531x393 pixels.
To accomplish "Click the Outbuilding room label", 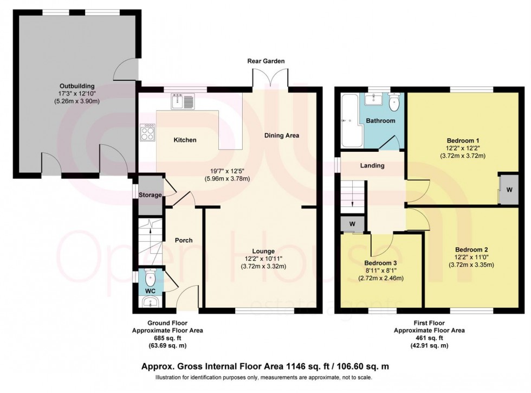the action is tap(77, 86).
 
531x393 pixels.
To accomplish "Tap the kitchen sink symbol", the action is tap(183, 101).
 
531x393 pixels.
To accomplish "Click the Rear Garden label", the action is tap(266, 61).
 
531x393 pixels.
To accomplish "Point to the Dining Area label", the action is tap(282, 136).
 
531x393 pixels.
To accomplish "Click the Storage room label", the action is tap(150, 195).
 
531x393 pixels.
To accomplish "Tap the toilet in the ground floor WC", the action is tap(150, 278).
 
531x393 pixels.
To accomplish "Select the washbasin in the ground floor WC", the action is tap(151, 301).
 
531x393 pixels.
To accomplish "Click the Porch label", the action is tap(184, 240).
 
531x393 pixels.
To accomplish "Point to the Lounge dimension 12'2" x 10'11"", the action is tap(263, 259).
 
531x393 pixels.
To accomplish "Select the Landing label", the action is tap(372, 165).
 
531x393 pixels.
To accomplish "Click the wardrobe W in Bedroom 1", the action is tap(509, 190).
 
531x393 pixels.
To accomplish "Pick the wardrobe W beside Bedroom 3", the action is tap(353, 224).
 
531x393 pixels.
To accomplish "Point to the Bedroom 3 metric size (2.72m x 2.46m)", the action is tap(381, 279).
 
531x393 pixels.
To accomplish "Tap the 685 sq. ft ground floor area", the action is tap(167, 338).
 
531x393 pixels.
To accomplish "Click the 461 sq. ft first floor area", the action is tap(429, 338).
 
